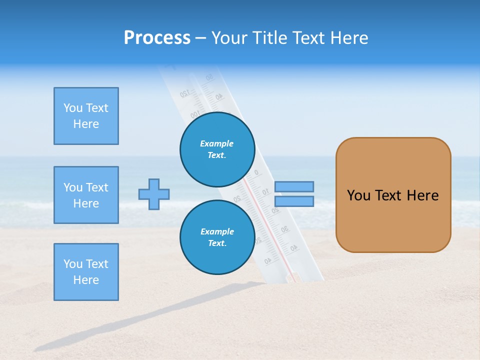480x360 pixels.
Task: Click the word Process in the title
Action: (157, 38)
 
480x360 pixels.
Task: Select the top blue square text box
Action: (86, 116)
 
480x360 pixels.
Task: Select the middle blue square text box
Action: (86, 195)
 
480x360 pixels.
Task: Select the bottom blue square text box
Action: (86, 272)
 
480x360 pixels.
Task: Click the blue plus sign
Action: (154, 194)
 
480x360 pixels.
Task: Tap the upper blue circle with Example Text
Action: (217, 149)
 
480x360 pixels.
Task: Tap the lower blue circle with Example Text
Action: (217, 237)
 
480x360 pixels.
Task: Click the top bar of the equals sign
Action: (294, 186)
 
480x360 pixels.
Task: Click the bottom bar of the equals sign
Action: (294, 201)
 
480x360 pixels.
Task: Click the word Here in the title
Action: (349, 38)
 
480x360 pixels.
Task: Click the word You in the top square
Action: (72, 108)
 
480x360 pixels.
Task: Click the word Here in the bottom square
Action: (86, 280)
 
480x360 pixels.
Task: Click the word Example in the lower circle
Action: (217, 231)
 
